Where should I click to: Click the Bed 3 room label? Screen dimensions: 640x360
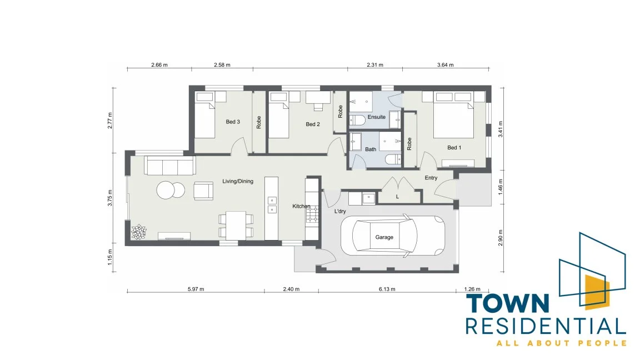coord(233,122)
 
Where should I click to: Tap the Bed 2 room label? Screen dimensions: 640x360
coord(313,124)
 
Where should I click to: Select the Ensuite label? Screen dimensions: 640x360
coord(376,117)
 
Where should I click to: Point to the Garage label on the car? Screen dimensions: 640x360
coord(384,237)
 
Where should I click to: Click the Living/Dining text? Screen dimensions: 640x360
coord(238,181)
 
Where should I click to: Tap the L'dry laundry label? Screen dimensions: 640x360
coord(340,211)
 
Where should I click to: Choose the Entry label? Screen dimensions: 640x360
coord(431,178)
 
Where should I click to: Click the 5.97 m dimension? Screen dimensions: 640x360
coord(196,289)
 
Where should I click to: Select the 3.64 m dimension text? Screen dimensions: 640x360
coord(446,64)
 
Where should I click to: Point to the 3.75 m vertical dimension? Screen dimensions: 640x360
coord(110,198)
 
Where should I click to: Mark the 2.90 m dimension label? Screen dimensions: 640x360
coord(501,238)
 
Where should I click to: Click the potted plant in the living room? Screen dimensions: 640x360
coord(138,232)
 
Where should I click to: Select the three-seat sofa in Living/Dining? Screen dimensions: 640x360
coord(170,166)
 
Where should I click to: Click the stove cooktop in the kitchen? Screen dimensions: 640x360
coord(312,214)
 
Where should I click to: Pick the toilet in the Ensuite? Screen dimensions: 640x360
coord(358,121)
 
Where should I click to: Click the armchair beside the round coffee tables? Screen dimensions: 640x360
coord(203,191)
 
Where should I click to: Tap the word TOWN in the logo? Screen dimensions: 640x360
coord(508,304)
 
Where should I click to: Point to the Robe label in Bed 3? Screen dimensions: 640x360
coord(259,122)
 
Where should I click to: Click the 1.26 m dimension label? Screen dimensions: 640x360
coord(472,289)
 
